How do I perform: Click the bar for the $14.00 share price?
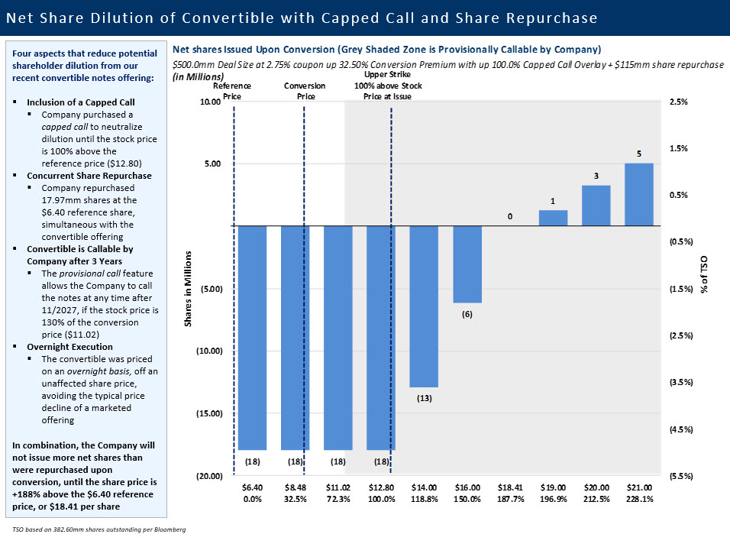tap(424, 306)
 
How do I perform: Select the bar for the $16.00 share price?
tap(467, 264)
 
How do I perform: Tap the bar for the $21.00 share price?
tap(638, 194)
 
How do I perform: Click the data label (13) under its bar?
tap(424, 398)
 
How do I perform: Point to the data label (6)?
tap(467, 314)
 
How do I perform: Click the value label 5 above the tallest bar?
tap(638, 154)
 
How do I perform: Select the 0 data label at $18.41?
tap(510, 216)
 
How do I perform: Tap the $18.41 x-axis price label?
tap(510, 487)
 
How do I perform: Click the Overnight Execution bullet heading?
tap(69, 346)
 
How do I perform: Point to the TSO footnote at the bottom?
tap(99, 529)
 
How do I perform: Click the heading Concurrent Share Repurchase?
tap(89, 175)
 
